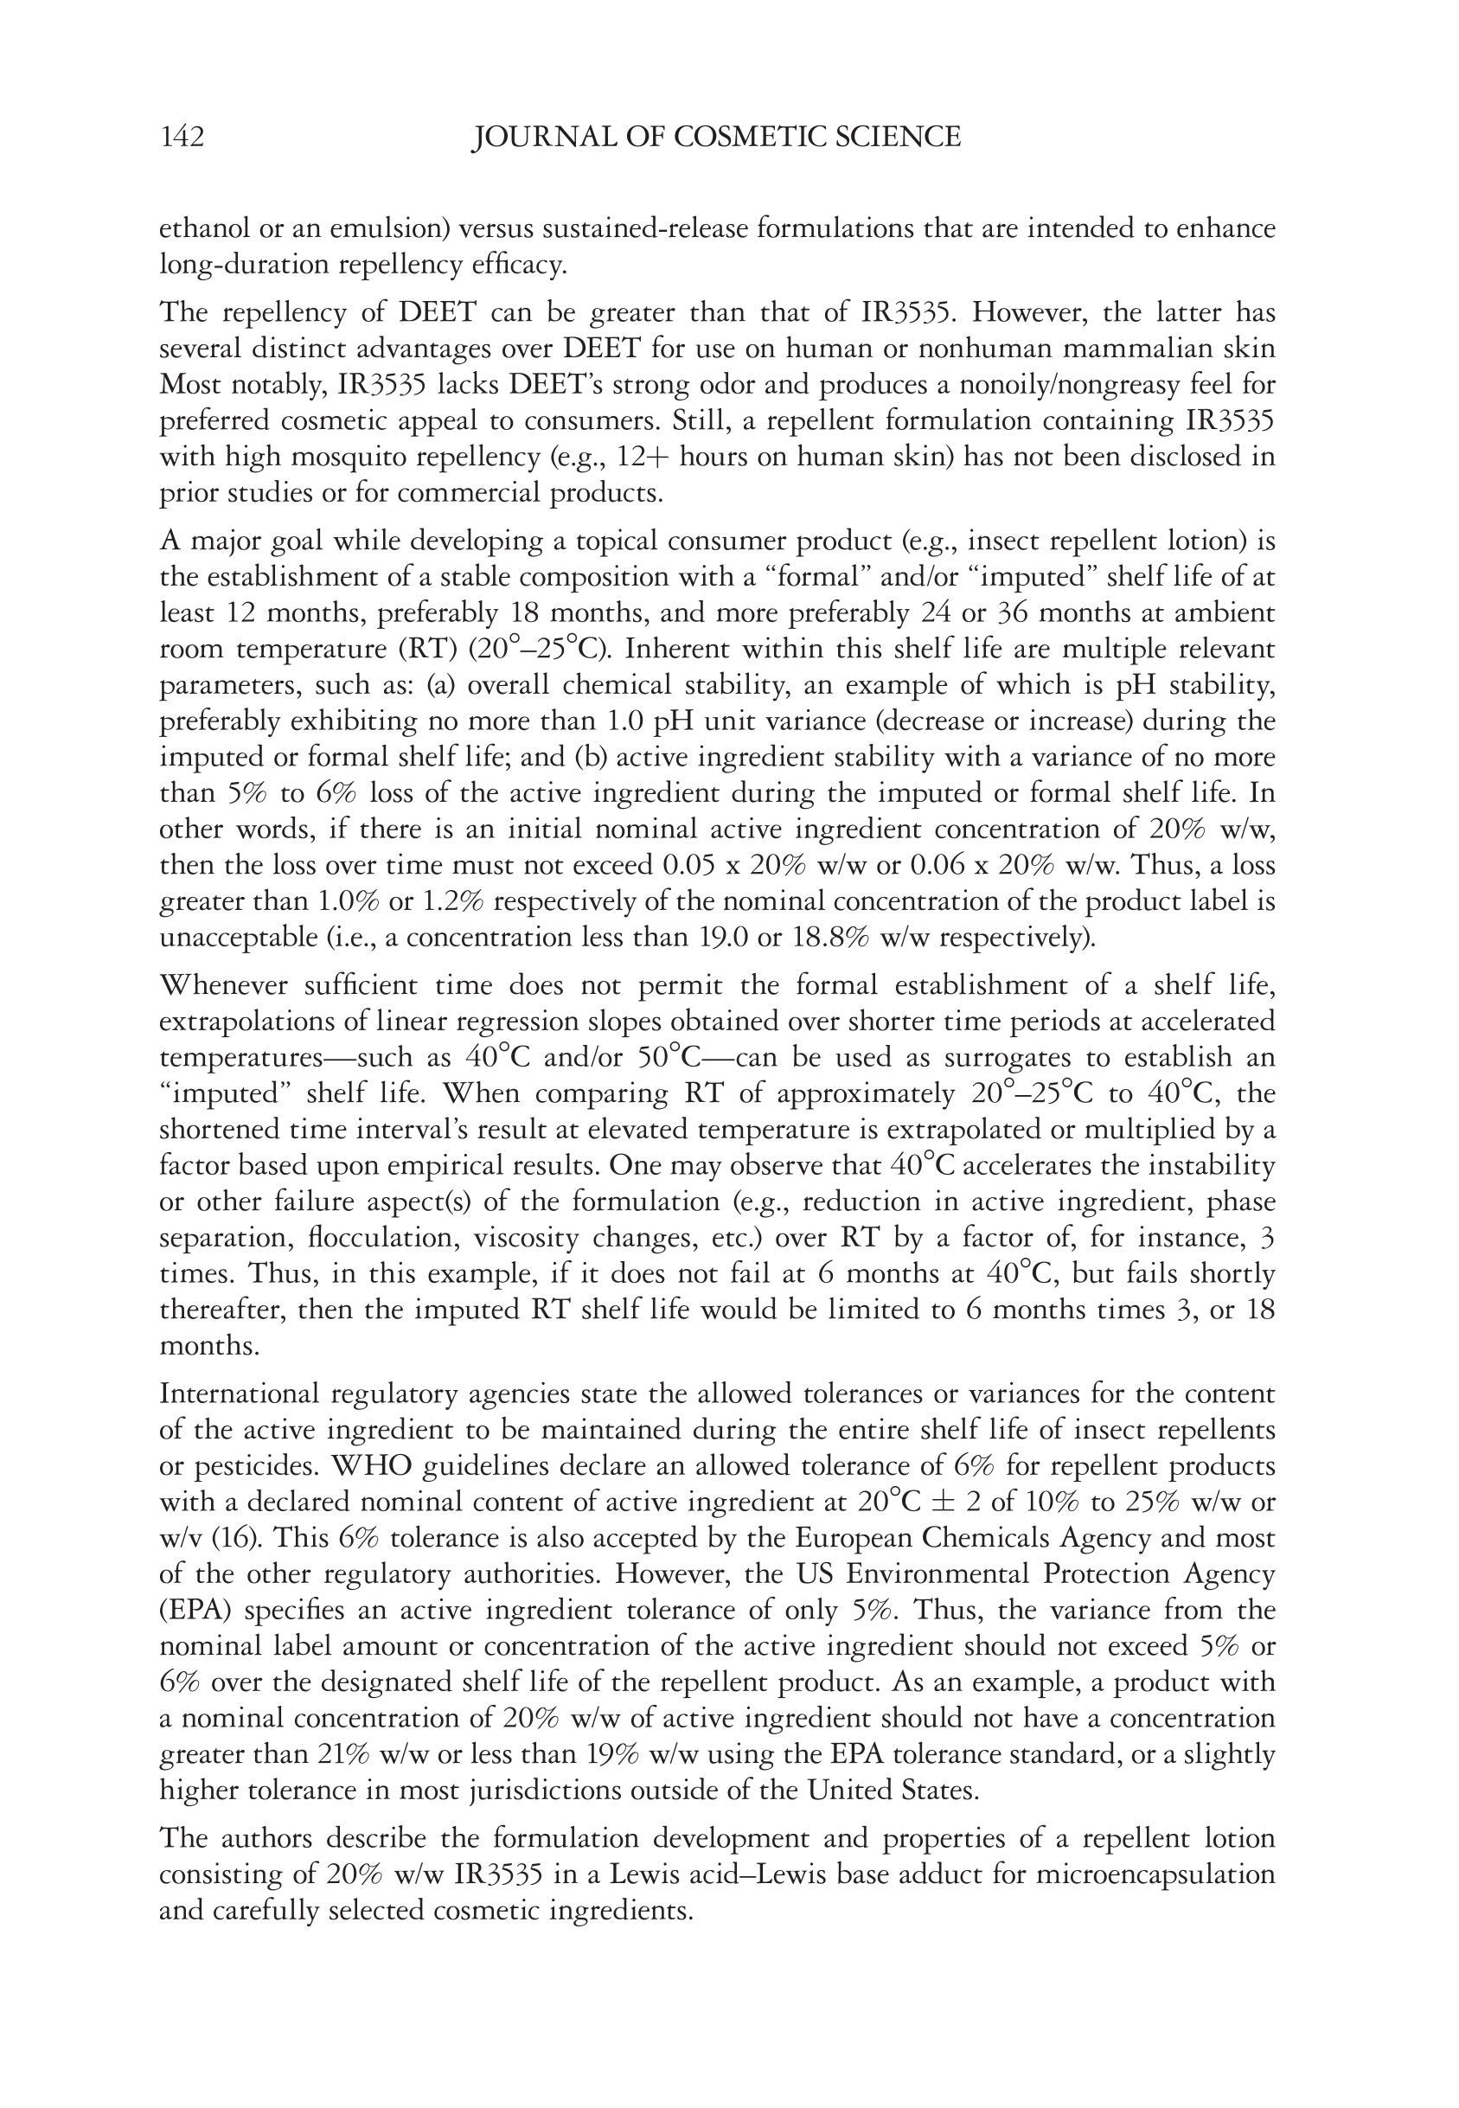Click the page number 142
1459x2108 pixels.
(182, 138)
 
